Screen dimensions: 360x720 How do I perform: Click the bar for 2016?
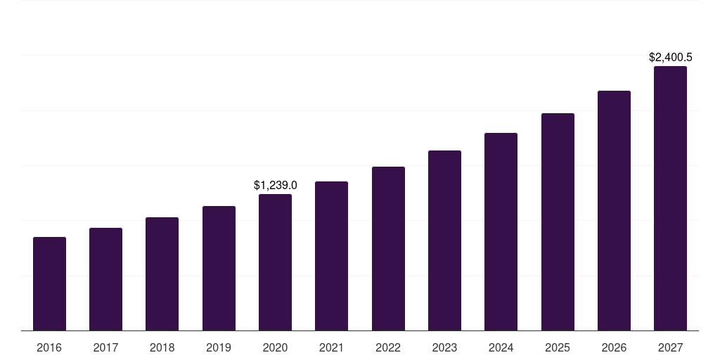tap(49, 284)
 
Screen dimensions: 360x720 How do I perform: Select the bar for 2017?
tap(105, 279)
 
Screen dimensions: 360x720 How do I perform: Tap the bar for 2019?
tap(219, 269)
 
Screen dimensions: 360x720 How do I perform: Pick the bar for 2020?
tap(275, 262)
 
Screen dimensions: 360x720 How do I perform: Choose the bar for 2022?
tap(388, 249)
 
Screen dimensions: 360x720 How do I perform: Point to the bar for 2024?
tap(501, 232)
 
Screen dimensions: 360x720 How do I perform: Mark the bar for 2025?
tap(558, 222)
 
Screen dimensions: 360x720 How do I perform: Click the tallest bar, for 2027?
tap(670, 198)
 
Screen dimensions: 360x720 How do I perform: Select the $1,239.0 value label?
tap(275, 186)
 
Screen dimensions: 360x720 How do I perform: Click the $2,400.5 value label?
tap(670, 58)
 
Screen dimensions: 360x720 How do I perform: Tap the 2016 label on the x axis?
tap(49, 348)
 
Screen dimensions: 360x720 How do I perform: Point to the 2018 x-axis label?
tap(162, 348)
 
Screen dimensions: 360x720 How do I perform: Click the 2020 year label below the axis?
tap(275, 348)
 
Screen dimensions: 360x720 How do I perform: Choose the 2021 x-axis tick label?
tap(331, 348)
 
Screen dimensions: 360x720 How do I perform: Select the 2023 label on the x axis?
tap(444, 348)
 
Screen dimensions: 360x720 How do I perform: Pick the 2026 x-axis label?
tap(614, 348)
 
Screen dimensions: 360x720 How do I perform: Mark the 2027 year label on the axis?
tap(670, 348)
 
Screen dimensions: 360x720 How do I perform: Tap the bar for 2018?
tap(162, 274)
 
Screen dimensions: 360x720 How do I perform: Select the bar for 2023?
tap(444, 240)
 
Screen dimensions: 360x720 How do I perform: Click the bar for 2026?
tap(614, 211)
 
